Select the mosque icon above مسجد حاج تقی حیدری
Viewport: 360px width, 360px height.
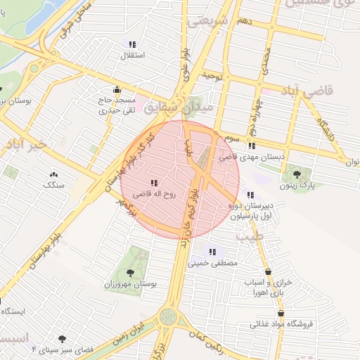117,90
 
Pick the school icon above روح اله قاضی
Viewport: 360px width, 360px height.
154,183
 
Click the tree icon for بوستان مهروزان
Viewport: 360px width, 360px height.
129,272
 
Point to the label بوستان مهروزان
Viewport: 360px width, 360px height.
129,285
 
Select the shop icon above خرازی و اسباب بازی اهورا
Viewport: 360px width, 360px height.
268,272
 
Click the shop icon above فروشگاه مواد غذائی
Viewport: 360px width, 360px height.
281,314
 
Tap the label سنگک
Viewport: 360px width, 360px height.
53,184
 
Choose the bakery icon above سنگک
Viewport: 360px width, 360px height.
53,174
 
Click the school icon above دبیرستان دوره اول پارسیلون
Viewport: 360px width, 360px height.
250,195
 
